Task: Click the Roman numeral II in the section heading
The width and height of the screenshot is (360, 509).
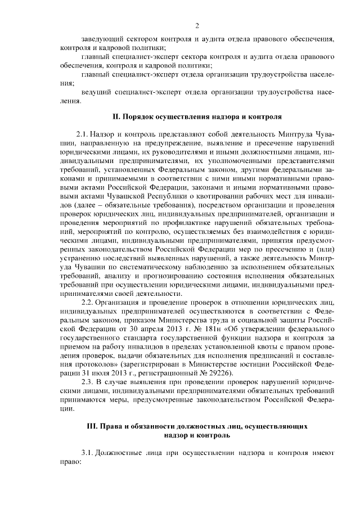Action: [116, 116]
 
